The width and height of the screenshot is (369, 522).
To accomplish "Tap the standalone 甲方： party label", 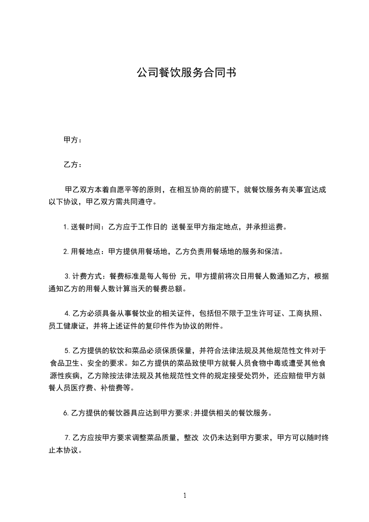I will (73, 140).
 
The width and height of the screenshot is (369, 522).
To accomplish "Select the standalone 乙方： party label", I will (73, 165).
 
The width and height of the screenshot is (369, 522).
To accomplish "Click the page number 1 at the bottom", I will (185, 495).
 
